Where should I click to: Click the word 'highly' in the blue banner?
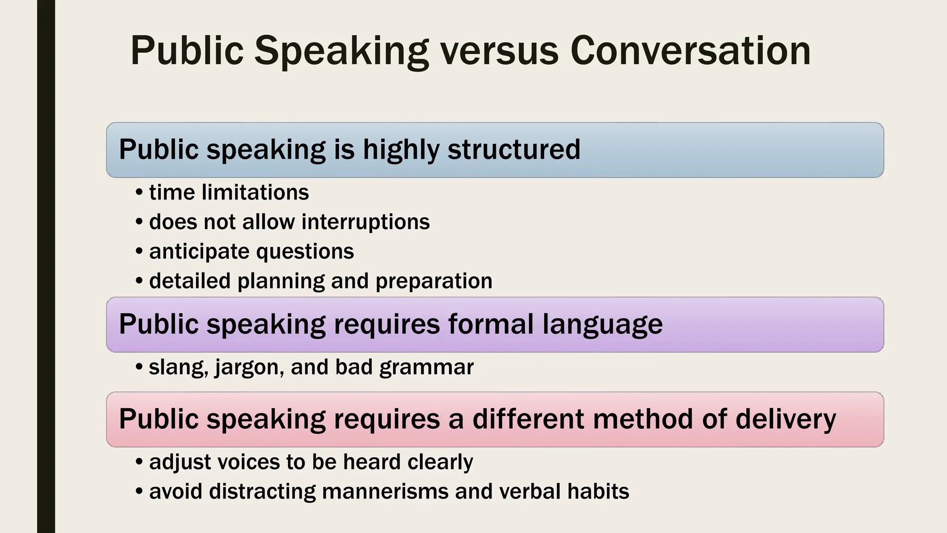[x=401, y=150]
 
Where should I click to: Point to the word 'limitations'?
[x=255, y=192]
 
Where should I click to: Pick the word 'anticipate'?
[x=199, y=252]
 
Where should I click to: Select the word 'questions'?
[x=305, y=252]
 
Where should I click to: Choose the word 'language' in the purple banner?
[x=603, y=325]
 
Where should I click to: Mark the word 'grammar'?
[x=426, y=368]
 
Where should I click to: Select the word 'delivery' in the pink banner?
[x=786, y=419]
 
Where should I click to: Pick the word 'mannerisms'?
[x=385, y=491]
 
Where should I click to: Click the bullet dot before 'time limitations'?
[x=139, y=192]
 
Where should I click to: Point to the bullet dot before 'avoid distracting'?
[x=139, y=491]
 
